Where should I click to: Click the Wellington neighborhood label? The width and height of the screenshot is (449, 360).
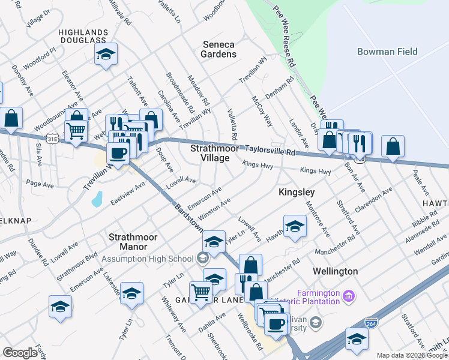pyautogui.click(x=336, y=271)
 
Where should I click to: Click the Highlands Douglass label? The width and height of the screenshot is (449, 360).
pyautogui.click(x=83, y=36)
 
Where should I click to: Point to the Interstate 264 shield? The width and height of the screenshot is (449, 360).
pyautogui.click(x=372, y=322)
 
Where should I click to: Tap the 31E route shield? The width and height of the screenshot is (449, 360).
pyautogui.click(x=53, y=139)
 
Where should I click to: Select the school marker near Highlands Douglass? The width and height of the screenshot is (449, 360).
pyautogui.click(x=106, y=55)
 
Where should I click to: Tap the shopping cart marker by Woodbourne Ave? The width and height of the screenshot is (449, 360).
pyautogui.click(x=75, y=130)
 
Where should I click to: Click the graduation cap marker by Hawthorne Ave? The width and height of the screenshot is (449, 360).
pyautogui.click(x=295, y=226)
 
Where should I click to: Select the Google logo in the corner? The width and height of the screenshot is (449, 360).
pyautogui.click(x=20, y=353)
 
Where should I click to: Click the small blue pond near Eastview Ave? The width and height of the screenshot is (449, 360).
pyautogui.click(x=97, y=199)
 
